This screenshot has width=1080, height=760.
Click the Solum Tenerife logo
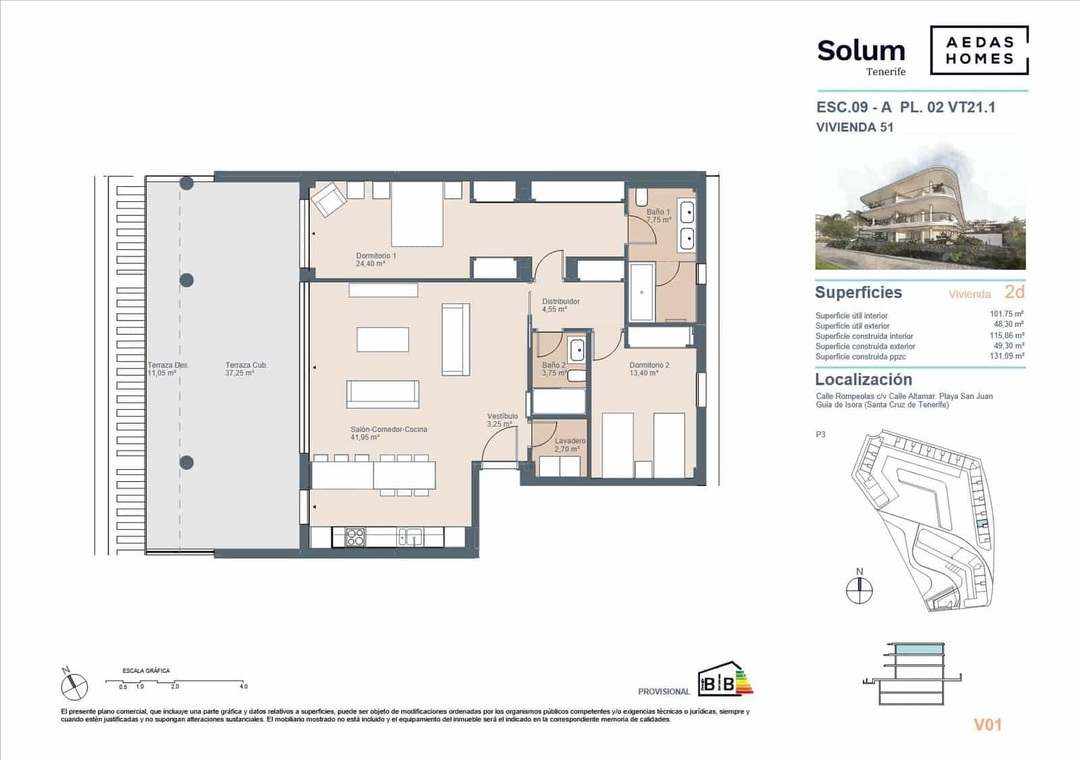[861, 56]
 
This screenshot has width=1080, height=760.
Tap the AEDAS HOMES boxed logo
[979, 50]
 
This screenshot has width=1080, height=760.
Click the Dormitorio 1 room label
[375, 260]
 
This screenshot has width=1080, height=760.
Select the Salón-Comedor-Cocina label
[388, 433]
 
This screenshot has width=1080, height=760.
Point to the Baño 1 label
[658, 215]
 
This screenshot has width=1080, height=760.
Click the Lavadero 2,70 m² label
[569, 445]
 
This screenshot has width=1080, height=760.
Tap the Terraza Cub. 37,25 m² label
[246, 369]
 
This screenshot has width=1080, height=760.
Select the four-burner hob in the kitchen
[355, 537]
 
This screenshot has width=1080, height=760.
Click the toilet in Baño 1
[641, 197]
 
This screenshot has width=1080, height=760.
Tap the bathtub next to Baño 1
[641, 292]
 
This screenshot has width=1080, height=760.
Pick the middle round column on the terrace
[187, 280]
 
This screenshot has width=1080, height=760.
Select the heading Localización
[863, 379]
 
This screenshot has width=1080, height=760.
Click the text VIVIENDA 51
[855, 127]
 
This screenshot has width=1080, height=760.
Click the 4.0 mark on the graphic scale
[243, 686]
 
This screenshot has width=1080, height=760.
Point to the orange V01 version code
[988, 725]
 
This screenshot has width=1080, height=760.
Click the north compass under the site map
[859, 590]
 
